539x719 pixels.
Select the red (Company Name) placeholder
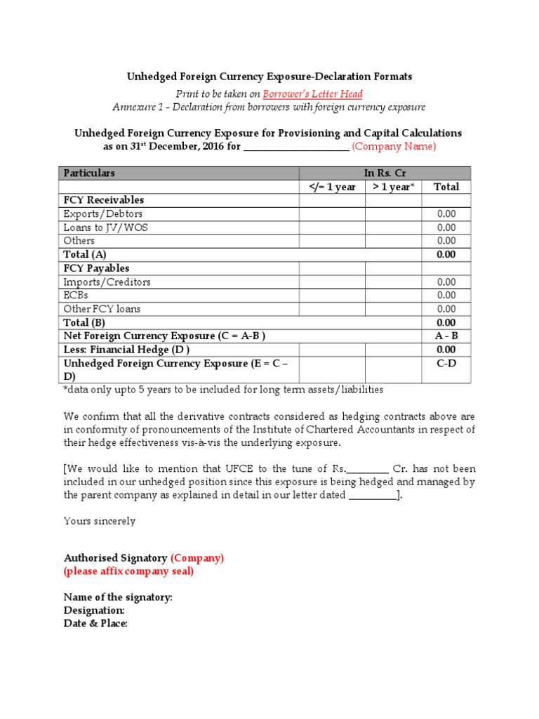coord(394,146)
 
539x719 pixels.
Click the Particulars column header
coord(89,173)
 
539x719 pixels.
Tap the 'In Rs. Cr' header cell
coord(385,173)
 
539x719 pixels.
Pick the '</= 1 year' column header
coord(332,187)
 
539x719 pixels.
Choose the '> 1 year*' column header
coord(393,187)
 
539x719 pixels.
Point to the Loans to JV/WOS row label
coord(105,227)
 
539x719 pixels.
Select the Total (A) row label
coord(85,254)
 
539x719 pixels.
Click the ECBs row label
coord(76,296)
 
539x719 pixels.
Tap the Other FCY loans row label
coord(102,309)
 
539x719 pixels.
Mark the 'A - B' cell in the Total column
coord(446,336)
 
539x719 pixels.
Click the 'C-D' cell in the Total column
coord(446,364)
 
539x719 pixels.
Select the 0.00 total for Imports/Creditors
coord(446,282)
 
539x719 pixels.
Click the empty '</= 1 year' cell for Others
coord(332,241)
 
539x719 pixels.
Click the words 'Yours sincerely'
coord(100,521)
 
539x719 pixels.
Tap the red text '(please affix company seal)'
coord(128,571)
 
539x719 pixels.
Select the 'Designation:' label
coord(94,611)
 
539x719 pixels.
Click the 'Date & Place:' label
coord(95,624)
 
